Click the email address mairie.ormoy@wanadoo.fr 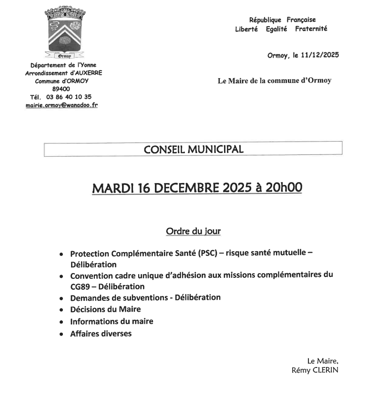pos(61,105)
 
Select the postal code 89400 pos(61,89)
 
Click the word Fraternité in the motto pos(311,29)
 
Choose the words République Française pos(282,20)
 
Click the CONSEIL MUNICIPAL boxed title pos(193,149)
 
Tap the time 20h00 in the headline pos(284,188)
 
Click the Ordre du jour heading pos(193,232)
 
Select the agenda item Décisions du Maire pos(105,309)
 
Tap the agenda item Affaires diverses pos(101,334)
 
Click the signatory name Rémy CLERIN pos(315,370)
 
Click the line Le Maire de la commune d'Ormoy pos(274,81)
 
